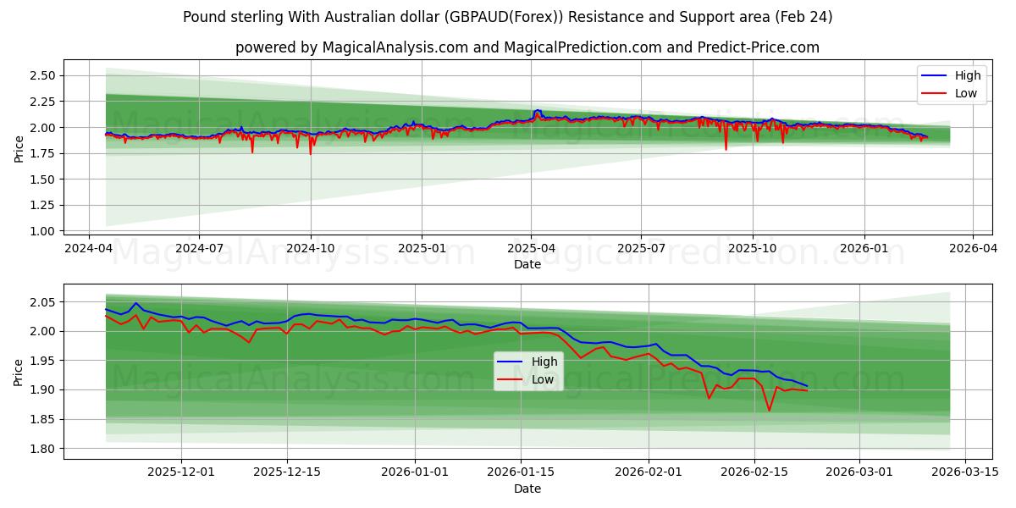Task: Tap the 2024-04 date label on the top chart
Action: click(90, 249)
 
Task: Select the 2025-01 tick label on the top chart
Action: click(422, 249)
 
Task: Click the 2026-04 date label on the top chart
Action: click(972, 249)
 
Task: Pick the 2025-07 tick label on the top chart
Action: click(640, 249)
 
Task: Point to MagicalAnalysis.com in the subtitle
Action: click(395, 47)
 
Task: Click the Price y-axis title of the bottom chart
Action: click(19, 372)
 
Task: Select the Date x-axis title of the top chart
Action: click(527, 264)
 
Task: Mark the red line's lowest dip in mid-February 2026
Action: click(769, 411)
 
